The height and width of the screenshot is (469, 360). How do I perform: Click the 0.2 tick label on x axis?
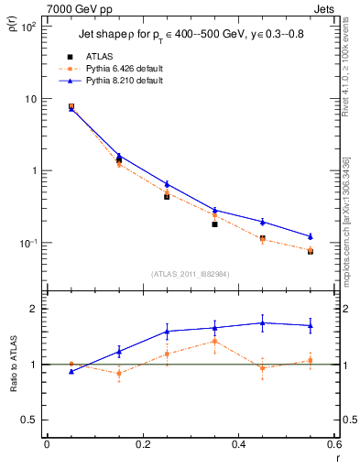click(x=142, y=444)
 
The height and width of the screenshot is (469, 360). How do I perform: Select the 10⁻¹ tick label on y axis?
click(x=27, y=243)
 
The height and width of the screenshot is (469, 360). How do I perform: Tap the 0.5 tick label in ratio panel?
click(x=28, y=420)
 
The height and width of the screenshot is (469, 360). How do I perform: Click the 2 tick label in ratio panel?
click(x=33, y=309)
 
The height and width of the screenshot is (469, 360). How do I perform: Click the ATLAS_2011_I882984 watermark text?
click(x=190, y=274)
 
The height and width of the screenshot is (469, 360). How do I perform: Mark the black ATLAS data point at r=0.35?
click(x=214, y=224)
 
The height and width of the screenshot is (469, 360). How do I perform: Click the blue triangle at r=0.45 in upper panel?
click(x=262, y=222)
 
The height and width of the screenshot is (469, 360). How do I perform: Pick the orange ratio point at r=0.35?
click(x=214, y=341)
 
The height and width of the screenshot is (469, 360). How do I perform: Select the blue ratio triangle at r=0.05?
click(x=71, y=371)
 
